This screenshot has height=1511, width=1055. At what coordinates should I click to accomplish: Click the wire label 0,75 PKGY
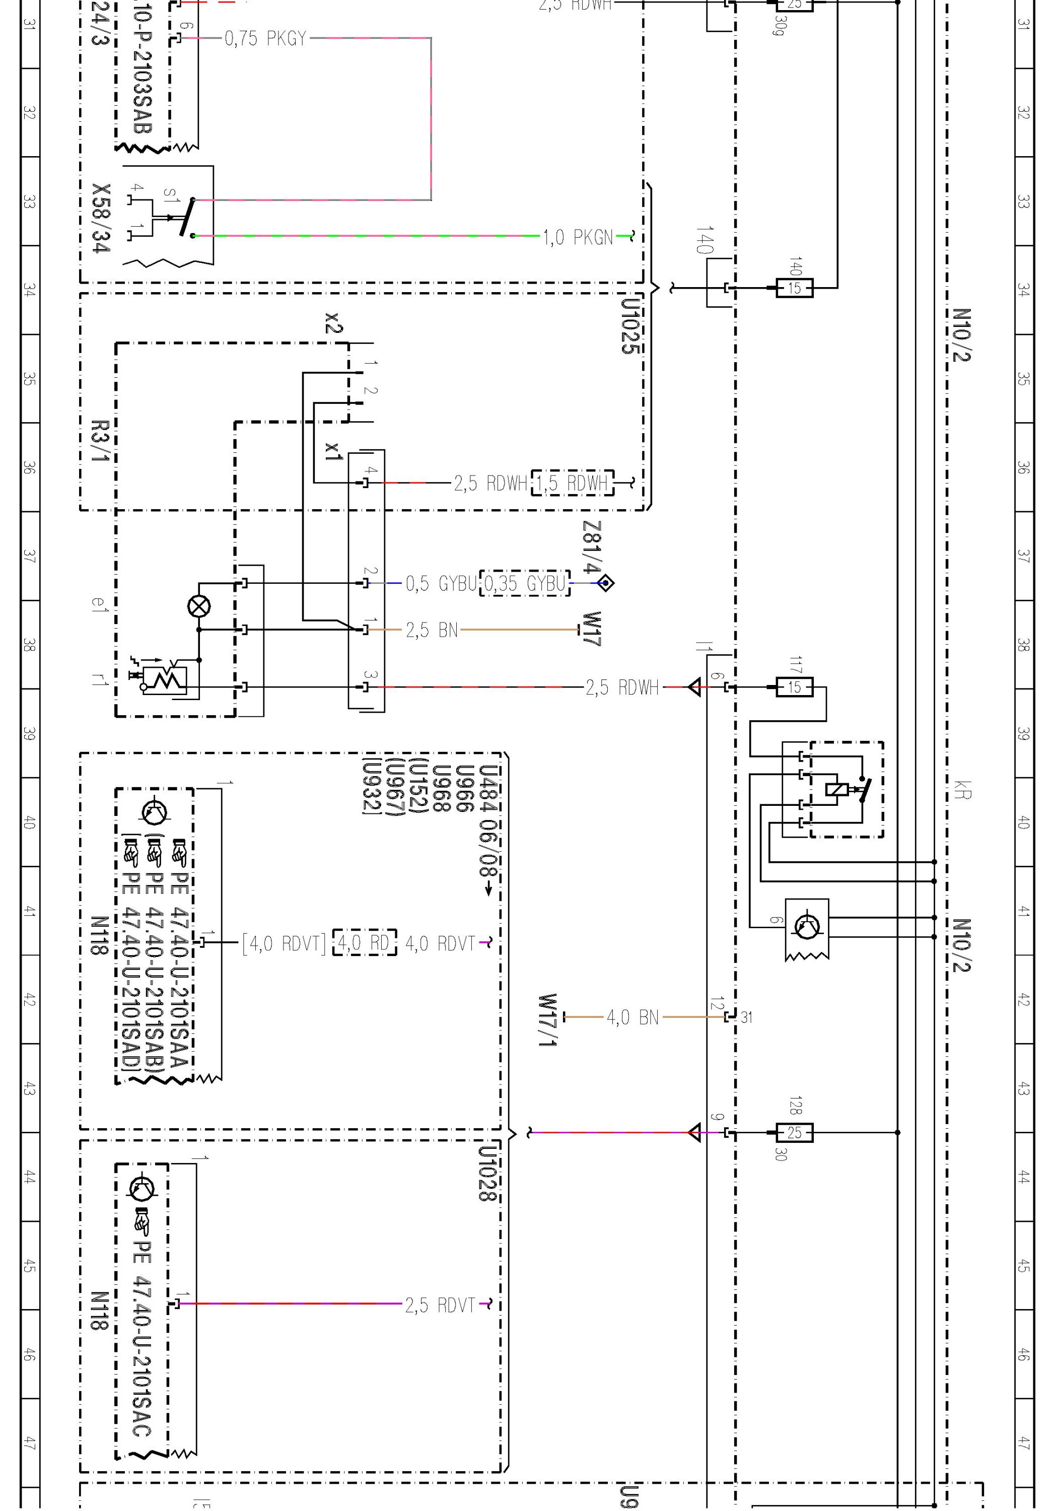tap(265, 39)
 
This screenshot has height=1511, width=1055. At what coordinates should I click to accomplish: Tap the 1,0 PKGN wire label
tap(578, 237)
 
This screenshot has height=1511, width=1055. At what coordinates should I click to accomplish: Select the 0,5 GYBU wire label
tap(440, 583)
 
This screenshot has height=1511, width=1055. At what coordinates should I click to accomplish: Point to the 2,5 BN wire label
tap(431, 630)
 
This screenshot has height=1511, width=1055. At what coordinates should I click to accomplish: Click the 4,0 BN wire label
tap(632, 1017)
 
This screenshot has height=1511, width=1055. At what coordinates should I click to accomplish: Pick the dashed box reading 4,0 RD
tap(365, 943)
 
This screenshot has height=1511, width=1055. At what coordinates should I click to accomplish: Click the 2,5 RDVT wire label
tap(440, 1305)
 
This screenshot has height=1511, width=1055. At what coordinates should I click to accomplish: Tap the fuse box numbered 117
tap(794, 687)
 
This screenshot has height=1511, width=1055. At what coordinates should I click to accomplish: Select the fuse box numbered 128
tap(794, 1133)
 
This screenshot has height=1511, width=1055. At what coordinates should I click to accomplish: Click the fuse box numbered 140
tap(794, 288)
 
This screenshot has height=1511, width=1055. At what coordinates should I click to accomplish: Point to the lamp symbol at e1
tap(199, 606)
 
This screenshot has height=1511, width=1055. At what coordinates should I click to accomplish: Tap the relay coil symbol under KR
tap(837, 790)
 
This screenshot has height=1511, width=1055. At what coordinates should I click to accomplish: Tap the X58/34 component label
tap(101, 218)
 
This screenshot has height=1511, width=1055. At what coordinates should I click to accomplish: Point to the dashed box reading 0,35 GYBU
tap(525, 583)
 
